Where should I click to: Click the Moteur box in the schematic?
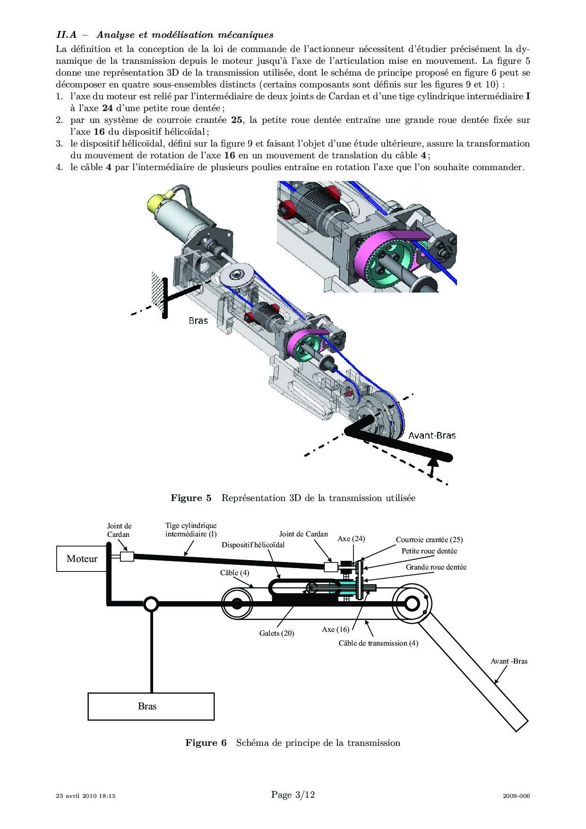[x=82, y=559]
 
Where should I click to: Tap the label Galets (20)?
[x=276, y=633]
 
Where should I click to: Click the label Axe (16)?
[x=336, y=629]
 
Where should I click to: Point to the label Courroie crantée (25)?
[x=429, y=539]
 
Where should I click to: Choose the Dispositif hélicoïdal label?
[x=253, y=544]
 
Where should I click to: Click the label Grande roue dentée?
[x=436, y=567]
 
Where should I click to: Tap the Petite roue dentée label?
[x=429, y=551]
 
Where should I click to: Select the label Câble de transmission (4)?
[x=378, y=643]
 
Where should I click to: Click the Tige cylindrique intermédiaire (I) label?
[x=191, y=529]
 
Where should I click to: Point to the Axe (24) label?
[x=351, y=538]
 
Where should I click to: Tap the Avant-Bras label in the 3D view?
[x=431, y=435]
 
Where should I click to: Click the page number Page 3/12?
[x=293, y=794]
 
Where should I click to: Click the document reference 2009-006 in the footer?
[x=517, y=795]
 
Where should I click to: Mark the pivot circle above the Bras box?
[x=151, y=604]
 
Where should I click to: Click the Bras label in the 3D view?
[x=198, y=320]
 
